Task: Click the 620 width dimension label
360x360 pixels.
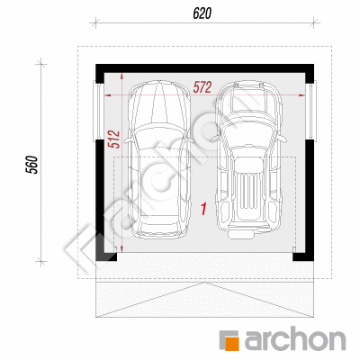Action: (202, 13)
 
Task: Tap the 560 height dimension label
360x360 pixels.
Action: (32, 165)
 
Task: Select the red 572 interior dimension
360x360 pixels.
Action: (202, 87)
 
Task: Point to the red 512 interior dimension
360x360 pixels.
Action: (113, 139)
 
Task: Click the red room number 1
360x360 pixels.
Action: (203, 209)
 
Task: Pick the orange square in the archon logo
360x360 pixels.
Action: (231, 343)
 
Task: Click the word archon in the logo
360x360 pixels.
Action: (295, 340)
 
